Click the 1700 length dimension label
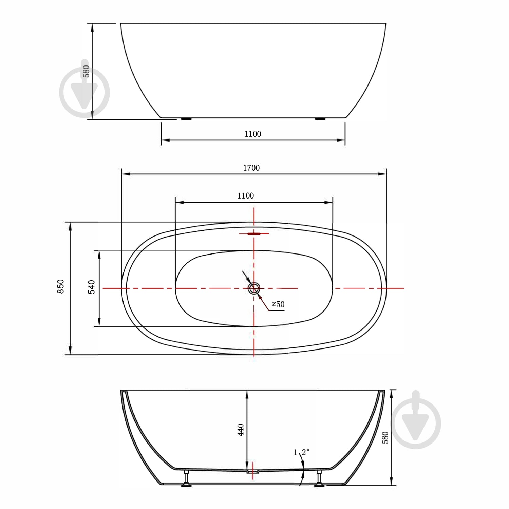click(x=251, y=168)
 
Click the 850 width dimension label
click(x=61, y=286)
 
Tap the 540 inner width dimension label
click(x=92, y=287)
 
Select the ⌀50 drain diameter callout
click(x=278, y=304)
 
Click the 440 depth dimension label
click(x=241, y=430)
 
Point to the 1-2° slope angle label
click(x=301, y=452)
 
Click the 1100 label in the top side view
click(x=253, y=134)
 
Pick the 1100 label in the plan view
click(x=246, y=196)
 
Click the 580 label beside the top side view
click(x=86, y=71)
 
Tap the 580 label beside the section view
click(x=385, y=438)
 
